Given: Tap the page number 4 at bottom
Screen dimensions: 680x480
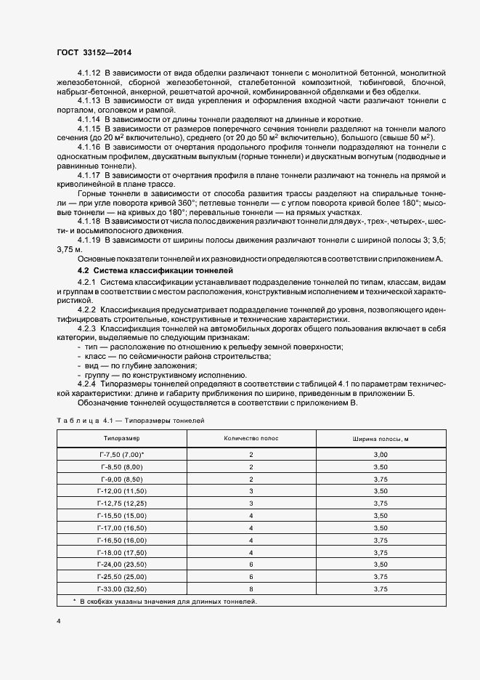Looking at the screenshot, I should click(58, 622).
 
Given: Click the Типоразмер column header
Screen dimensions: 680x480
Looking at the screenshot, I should click(121, 439).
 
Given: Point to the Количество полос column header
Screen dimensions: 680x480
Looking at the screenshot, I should click(250, 439).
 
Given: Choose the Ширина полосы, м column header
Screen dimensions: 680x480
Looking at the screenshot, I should click(381, 439).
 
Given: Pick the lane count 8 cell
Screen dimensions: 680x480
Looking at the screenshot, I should click(250, 589).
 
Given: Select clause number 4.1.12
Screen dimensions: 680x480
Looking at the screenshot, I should click(89, 73).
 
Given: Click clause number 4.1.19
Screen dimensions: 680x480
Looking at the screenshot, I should click(89, 239).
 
